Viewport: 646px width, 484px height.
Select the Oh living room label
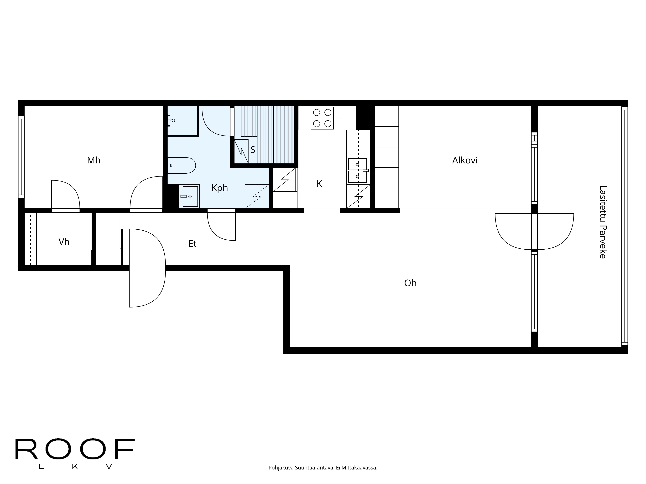410,283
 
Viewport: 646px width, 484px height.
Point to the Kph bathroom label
220,188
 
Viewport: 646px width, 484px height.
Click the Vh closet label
64,242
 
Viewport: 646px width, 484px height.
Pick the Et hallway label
193,244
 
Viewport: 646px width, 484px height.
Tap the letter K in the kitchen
319,184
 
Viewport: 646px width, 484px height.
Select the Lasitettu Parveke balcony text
603,222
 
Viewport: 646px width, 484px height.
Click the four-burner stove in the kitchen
322,118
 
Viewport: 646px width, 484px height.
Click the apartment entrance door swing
147,268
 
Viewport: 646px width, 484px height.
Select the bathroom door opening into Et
221,225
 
